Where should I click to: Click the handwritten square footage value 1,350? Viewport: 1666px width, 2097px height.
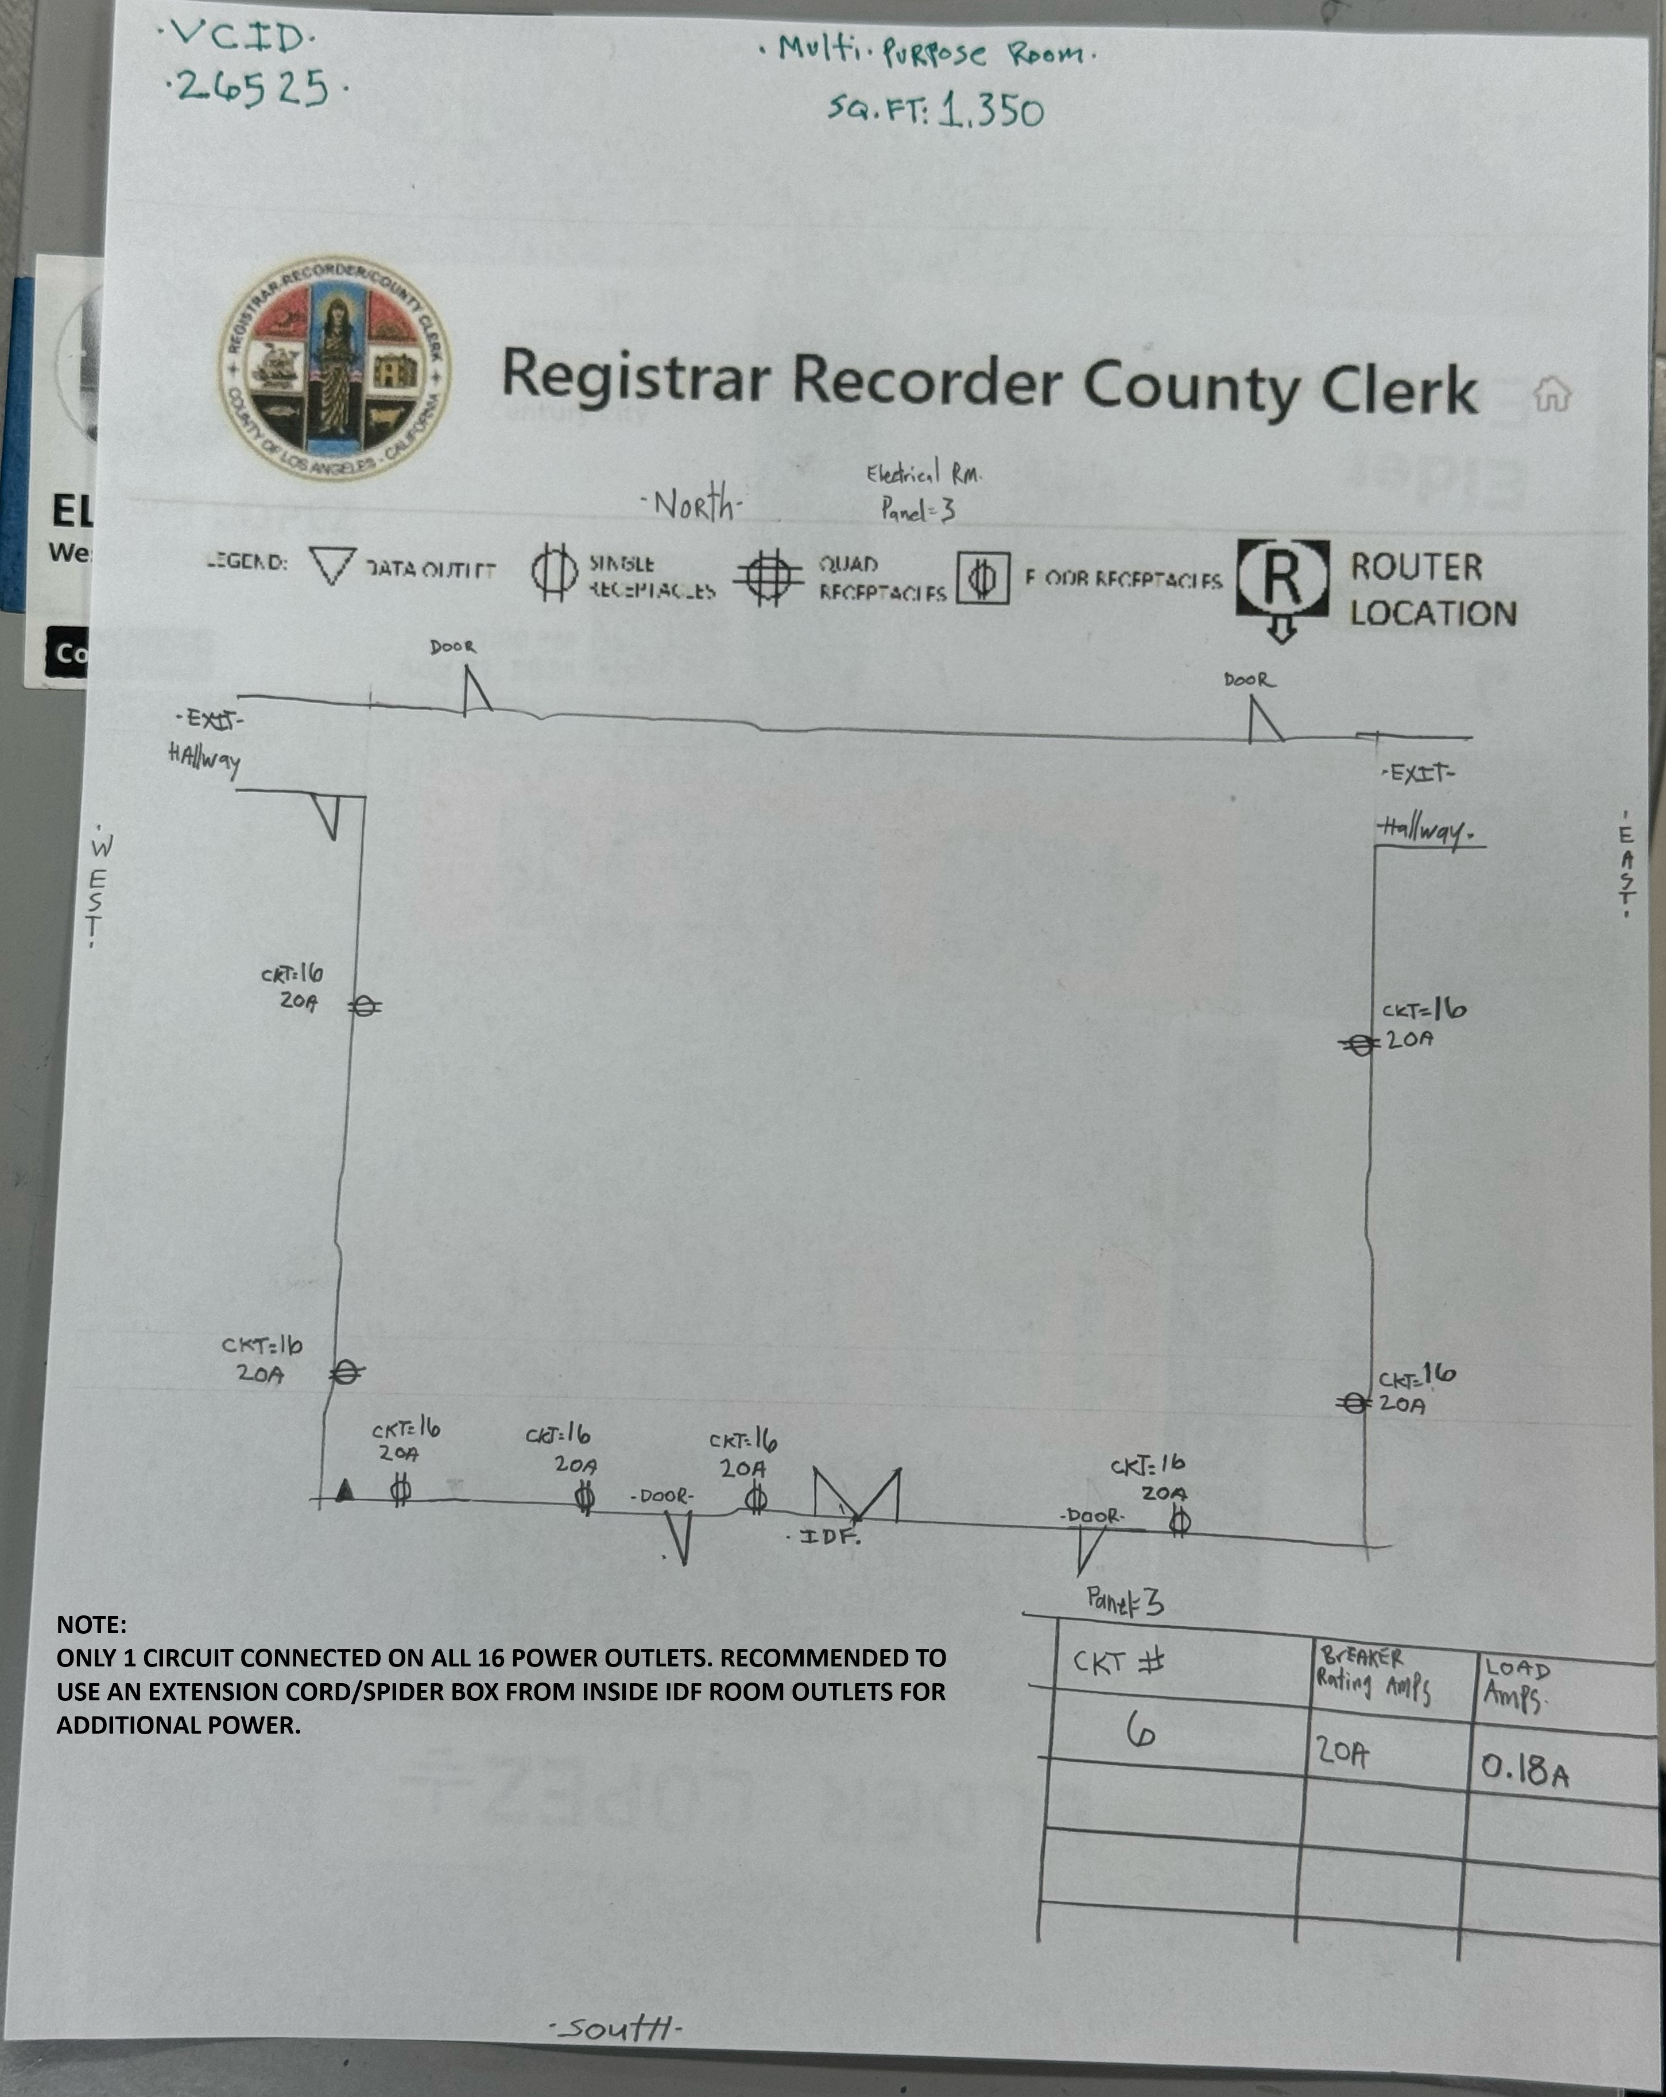point(992,112)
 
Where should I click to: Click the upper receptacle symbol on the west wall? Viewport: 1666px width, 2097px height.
point(365,1007)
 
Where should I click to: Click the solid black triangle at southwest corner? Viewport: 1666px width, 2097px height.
point(344,1490)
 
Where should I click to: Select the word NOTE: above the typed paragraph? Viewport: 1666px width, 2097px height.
point(91,1625)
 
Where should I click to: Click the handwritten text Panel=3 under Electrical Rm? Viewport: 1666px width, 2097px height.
point(917,509)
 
